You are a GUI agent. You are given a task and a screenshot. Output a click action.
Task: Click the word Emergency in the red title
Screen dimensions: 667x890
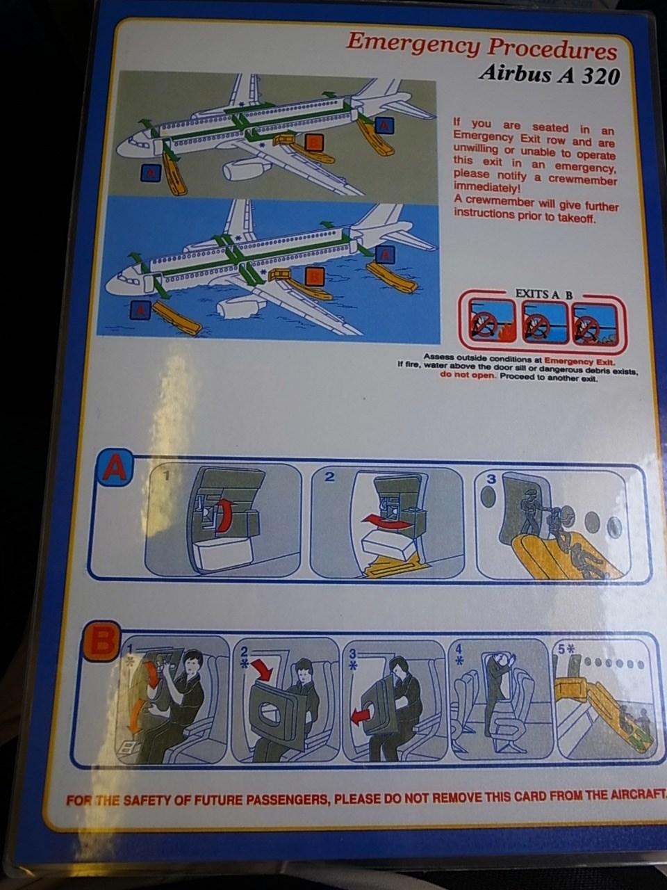(414, 45)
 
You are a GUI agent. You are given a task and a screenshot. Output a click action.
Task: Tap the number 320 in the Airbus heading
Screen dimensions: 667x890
(600, 75)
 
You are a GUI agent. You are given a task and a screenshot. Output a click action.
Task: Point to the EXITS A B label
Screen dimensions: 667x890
(543, 294)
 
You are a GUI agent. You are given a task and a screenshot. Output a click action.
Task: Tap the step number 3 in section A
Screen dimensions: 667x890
(491, 479)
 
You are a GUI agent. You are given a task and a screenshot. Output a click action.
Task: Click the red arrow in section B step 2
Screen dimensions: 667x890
(262, 669)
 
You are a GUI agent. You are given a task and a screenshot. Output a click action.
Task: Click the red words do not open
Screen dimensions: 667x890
(468, 375)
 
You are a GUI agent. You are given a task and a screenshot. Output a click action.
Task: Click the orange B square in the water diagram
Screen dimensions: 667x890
(315, 277)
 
